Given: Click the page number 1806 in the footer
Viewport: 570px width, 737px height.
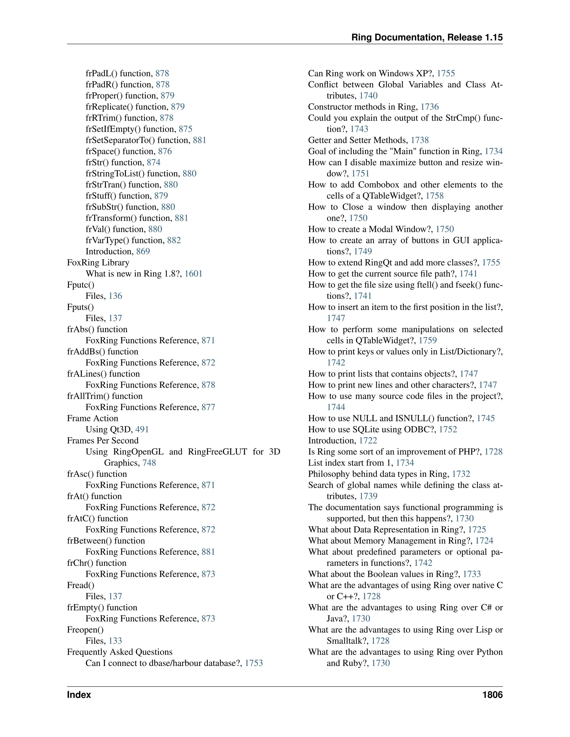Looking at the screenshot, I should coord(492,695).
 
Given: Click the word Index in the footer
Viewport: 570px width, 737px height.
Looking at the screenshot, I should coord(79,695).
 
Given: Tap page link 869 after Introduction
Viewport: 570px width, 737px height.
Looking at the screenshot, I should coord(143,251).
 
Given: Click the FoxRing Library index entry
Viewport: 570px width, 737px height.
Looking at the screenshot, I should coord(98,263).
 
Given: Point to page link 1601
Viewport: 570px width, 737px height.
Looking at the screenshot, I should coord(193,274).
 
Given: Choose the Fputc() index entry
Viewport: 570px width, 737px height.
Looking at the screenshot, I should coord(81,285).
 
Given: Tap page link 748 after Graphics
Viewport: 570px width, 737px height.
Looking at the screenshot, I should coord(149,463).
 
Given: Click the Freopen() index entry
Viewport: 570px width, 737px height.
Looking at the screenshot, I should coord(85,630).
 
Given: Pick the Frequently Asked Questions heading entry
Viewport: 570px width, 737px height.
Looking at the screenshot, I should coord(119,652).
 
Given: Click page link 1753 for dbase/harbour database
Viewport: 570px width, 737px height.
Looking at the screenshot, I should coord(254,663).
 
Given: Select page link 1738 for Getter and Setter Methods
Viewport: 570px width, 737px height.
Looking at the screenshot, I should coord(420,140).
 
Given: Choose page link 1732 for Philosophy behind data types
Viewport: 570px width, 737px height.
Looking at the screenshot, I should coord(461,474).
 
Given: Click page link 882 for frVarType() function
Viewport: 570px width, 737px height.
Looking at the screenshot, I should coord(174,240).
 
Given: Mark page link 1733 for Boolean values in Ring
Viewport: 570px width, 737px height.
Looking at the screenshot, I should coord(472,574).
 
